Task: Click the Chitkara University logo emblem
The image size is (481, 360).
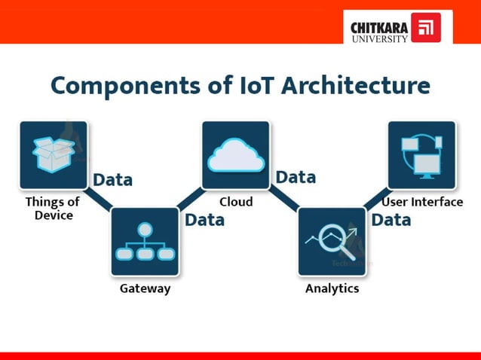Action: (426, 27)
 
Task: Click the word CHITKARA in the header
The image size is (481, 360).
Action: (379, 28)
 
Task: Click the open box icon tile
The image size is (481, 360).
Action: (54, 154)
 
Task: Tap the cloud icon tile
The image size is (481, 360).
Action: (234, 154)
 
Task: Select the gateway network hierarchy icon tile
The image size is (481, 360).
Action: (144, 242)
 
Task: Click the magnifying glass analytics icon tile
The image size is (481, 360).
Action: (332, 242)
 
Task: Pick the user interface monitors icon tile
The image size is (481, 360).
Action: (421, 154)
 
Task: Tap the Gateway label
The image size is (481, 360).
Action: (146, 288)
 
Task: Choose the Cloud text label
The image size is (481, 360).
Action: (236, 202)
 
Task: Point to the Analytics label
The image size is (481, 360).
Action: (332, 288)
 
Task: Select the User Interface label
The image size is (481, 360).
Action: (422, 202)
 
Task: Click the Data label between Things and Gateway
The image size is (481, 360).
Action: (112, 180)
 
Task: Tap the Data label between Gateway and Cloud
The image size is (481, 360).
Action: (204, 220)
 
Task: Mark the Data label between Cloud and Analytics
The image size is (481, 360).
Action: (296, 178)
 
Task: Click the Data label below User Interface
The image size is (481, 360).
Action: (391, 220)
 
